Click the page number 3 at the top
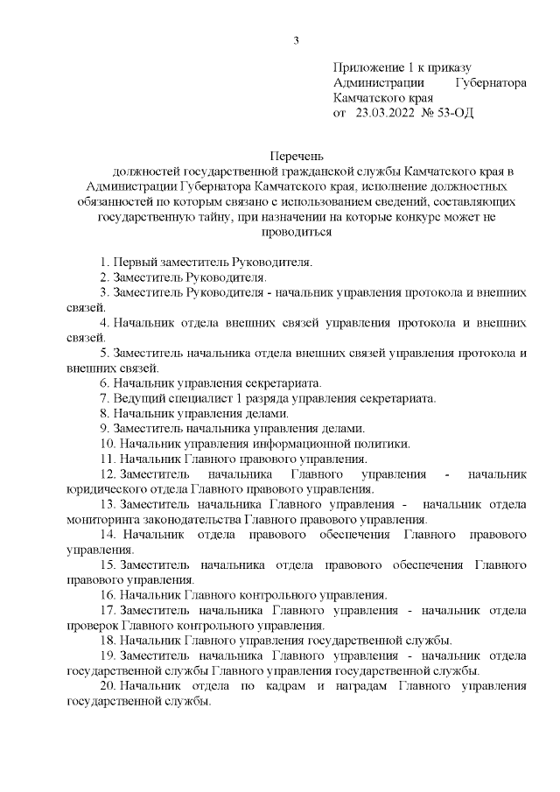click(297, 40)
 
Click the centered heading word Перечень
click(297, 154)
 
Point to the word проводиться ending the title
click(297, 233)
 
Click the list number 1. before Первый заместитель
click(105, 263)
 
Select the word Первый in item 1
click(134, 263)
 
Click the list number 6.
click(105, 382)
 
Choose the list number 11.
click(108, 459)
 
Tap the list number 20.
click(108, 687)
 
